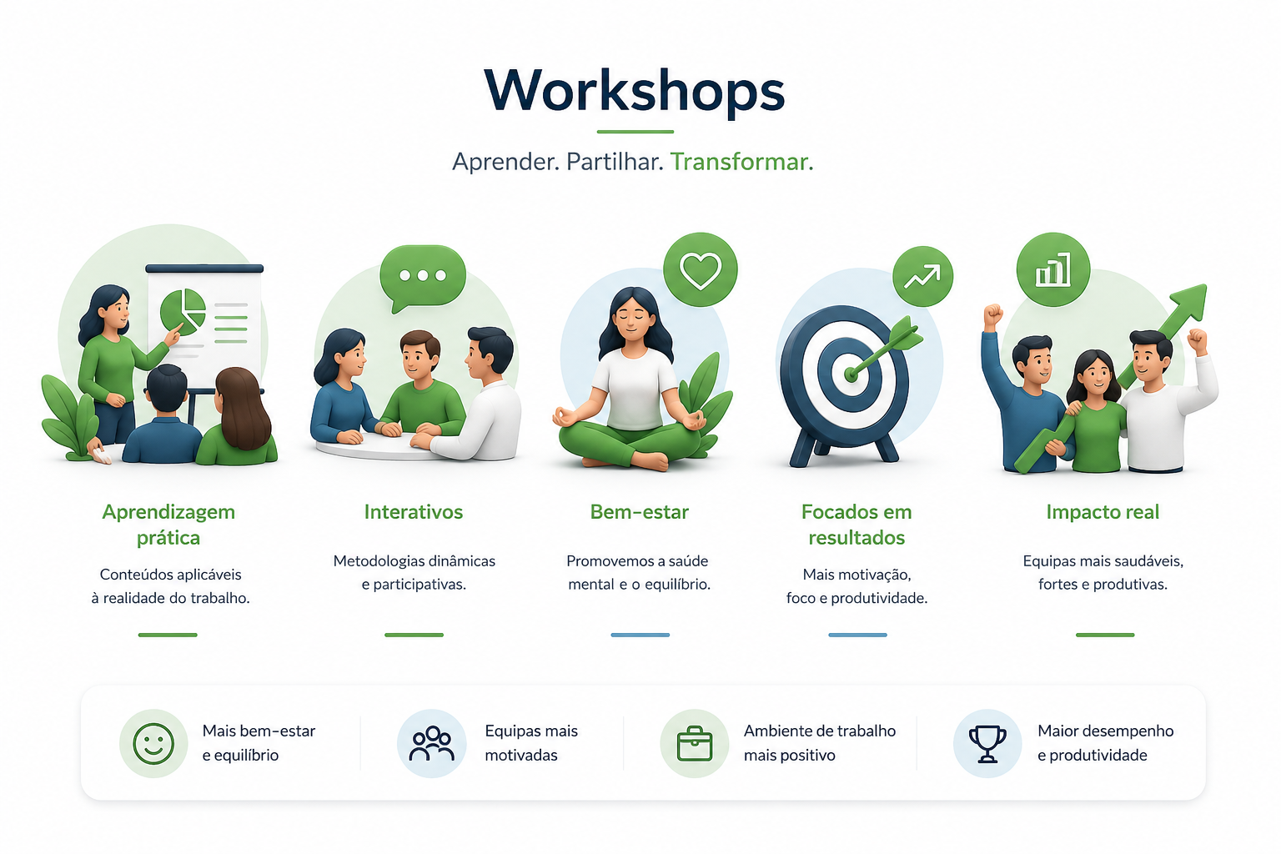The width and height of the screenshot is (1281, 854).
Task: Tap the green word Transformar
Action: click(741, 162)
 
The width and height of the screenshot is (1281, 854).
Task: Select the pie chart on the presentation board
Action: click(183, 312)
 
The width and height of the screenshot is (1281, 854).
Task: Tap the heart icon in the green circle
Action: click(701, 270)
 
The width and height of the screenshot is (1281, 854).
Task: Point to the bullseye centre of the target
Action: click(851, 374)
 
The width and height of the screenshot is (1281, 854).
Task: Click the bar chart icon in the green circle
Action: click(1052, 270)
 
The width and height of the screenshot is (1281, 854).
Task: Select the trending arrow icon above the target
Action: click(922, 276)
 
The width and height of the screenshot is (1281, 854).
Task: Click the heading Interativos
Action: click(414, 512)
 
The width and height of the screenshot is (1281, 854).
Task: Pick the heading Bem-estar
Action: click(640, 512)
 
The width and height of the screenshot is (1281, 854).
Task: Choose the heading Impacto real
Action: click(1103, 512)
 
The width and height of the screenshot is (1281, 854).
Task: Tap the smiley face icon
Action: click(153, 744)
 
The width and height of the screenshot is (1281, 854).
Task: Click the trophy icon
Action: click(987, 744)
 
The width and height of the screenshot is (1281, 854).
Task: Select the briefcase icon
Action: click(694, 744)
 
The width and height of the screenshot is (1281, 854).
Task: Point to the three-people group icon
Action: click(432, 744)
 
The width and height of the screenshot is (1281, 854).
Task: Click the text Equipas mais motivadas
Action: click(531, 743)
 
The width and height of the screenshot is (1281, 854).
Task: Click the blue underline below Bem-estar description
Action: click(640, 635)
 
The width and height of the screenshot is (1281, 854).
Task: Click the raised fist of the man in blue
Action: click(992, 315)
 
